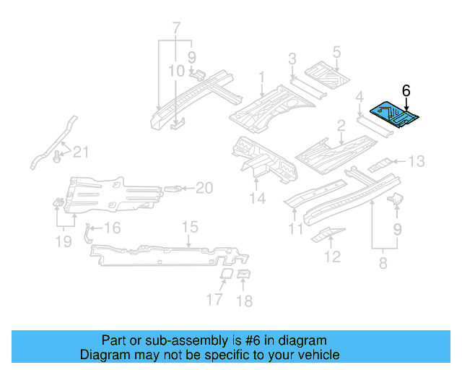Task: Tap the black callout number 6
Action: (406, 90)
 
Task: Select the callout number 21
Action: (82, 151)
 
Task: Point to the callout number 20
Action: (204, 188)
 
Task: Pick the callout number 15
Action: (189, 228)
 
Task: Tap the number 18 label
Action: (245, 301)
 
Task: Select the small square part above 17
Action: (225, 275)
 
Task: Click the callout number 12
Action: (332, 256)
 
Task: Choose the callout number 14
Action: (258, 198)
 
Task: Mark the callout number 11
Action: (295, 230)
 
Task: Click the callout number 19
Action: (64, 241)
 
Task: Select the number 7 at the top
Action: (175, 30)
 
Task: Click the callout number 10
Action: (177, 71)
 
